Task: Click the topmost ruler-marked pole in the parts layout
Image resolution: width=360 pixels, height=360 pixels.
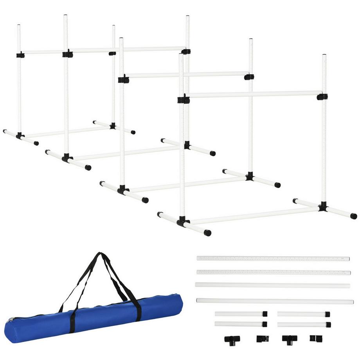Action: click(273, 259)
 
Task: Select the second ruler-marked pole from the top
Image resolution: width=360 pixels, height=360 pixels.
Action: click(273, 272)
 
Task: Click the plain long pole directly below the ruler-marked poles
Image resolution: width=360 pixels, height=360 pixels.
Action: click(272, 285)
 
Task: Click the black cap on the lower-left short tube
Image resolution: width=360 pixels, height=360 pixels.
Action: click(265, 324)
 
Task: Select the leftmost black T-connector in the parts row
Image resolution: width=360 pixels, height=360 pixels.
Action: click(232, 339)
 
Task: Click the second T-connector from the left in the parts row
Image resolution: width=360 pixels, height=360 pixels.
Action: click(290, 339)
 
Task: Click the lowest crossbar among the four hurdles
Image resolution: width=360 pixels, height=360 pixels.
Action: click(254, 94)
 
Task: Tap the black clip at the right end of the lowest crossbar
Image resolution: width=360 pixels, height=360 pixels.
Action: click(322, 96)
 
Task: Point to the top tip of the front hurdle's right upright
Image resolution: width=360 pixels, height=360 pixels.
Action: click(324, 56)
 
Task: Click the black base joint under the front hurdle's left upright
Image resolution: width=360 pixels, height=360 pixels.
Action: click(183, 221)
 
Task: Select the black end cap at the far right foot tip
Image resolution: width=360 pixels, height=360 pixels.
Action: click(353, 216)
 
